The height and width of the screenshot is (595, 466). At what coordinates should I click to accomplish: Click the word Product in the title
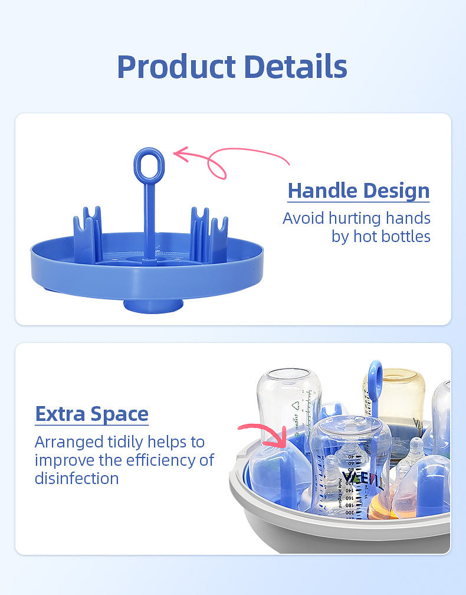[x=176, y=67]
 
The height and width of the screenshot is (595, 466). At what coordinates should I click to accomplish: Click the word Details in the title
[x=296, y=66]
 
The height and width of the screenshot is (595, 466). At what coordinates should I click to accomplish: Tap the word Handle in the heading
[x=319, y=190]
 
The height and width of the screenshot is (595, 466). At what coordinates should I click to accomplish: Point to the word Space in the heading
[x=119, y=414]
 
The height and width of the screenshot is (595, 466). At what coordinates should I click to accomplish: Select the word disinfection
[x=77, y=478]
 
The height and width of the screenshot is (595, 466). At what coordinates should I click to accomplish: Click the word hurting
[x=355, y=218]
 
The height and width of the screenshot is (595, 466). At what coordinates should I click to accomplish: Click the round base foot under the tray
[x=153, y=306]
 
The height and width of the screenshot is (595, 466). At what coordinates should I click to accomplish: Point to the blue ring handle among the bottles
[x=375, y=380]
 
